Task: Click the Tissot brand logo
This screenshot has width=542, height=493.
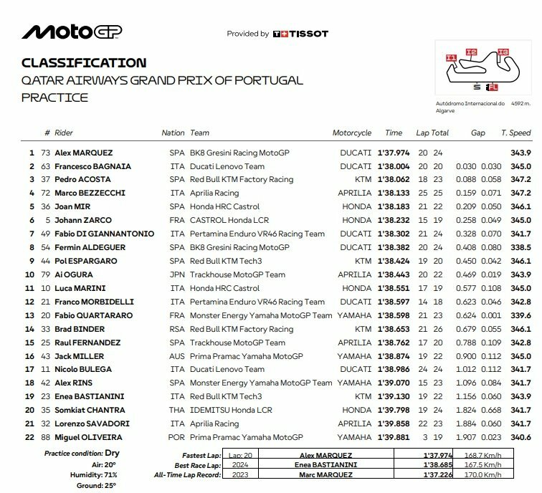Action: [300, 34]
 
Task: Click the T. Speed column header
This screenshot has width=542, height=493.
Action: [515, 133]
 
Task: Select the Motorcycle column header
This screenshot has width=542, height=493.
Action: [352, 133]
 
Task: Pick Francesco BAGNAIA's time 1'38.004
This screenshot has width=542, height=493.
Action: [394, 166]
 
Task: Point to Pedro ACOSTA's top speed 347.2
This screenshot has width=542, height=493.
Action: [519, 180]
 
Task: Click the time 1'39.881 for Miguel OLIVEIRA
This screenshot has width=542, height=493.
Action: [394, 437]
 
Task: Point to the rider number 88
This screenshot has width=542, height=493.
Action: [48, 437]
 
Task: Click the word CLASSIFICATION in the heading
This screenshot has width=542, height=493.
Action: [84, 63]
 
